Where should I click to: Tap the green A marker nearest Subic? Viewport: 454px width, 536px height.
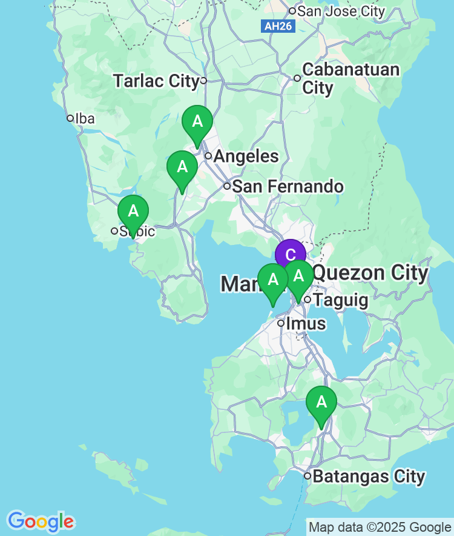click(133, 212)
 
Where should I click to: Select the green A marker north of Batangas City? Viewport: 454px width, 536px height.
click(321, 402)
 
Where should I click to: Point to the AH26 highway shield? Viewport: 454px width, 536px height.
click(279, 27)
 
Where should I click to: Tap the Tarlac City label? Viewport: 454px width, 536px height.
click(156, 81)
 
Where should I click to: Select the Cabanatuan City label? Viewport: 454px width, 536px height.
click(350, 78)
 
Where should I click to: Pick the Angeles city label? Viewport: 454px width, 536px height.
click(246, 156)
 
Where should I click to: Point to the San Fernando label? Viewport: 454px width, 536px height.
click(288, 186)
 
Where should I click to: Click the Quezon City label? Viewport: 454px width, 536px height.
click(370, 273)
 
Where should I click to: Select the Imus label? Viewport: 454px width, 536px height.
click(306, 323)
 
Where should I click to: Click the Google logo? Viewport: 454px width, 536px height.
click(41, 521)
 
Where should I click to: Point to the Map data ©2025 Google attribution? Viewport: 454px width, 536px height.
click(380, 527)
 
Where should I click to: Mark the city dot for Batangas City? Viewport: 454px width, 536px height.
click(308, 476)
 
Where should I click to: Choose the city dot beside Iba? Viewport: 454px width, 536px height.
click(70, 118)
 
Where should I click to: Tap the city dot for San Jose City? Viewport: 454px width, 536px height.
click(292, 11)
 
